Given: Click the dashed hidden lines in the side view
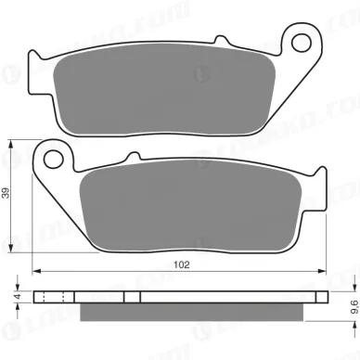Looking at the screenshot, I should pos(54,298).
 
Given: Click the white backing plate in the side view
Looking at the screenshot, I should pos(186,298).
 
